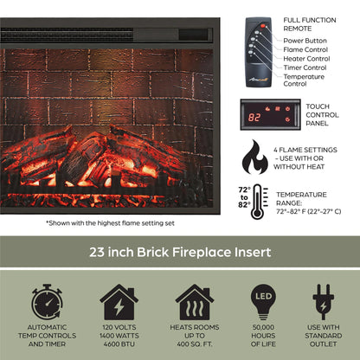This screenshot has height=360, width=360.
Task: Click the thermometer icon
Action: (259, 202)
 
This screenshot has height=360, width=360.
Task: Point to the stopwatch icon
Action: (47, 301)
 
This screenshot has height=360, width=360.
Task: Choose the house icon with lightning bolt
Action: (119, 302)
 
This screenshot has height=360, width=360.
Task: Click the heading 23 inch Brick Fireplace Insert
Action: (179, 253)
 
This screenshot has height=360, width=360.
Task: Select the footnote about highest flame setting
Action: (110, 222)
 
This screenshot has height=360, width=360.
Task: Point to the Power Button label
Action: (305, 41)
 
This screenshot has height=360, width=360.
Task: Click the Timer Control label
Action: (305, 67)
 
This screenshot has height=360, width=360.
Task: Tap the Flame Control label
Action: (305, 49)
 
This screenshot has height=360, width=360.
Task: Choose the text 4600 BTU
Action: (119, 344)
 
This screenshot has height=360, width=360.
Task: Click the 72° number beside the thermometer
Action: (243, 190)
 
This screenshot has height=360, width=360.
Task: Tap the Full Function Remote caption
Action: (304, 23)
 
